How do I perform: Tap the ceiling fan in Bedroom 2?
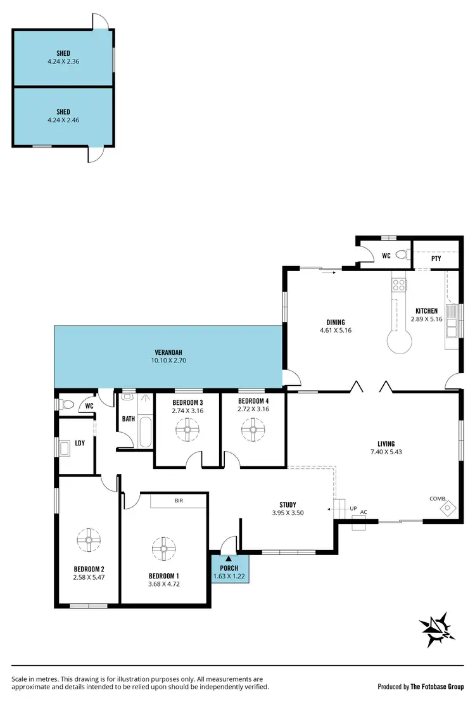tap(89, 540)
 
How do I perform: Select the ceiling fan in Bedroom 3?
tap(187, 431)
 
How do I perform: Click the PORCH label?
tap(229, 568)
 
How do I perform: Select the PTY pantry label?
tap(436, 258)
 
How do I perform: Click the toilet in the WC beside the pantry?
tap(400, 255)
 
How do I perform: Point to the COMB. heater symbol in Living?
tap(448, 506)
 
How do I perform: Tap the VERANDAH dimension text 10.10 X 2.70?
tap(168, 361)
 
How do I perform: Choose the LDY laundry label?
tap(80, 442)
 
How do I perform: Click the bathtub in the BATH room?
tap(146, 433)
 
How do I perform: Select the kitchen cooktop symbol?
tap(399, 285)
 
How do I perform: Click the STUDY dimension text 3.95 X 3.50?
tap(288, 513)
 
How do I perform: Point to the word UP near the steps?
tap(353, 508)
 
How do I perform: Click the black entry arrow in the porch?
tap(229, 558)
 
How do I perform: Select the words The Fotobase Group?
tap(437, 686)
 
